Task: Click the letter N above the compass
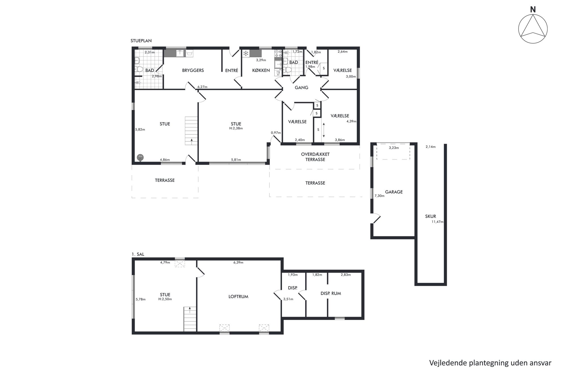[x=533, y=10]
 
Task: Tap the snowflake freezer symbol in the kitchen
[x=246, y=53]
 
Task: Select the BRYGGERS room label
[x=193, y=70]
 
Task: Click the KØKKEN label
[x=261, y=70]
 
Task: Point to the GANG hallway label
[x=301, y=88]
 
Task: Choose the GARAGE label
[x=394, y=192]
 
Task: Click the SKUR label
[x=430, y=216]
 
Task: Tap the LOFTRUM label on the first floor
[x=238, y=297]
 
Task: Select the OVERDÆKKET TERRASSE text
[x=315, y=157]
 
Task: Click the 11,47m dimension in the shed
[x=437, y=222]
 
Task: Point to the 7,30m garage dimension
[x=379, y=196]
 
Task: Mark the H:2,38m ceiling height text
[x=236, y=128]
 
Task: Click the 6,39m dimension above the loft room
[x=238, y=262]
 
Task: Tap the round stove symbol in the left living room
[x=140, y=157]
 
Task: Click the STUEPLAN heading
[x=141, y=41]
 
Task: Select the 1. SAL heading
[x=138, y=254]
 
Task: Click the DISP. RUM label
[x=331, y=293]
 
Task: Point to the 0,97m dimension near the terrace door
[x=276, y=133]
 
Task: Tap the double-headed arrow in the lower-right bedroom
[x=323, y=130]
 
